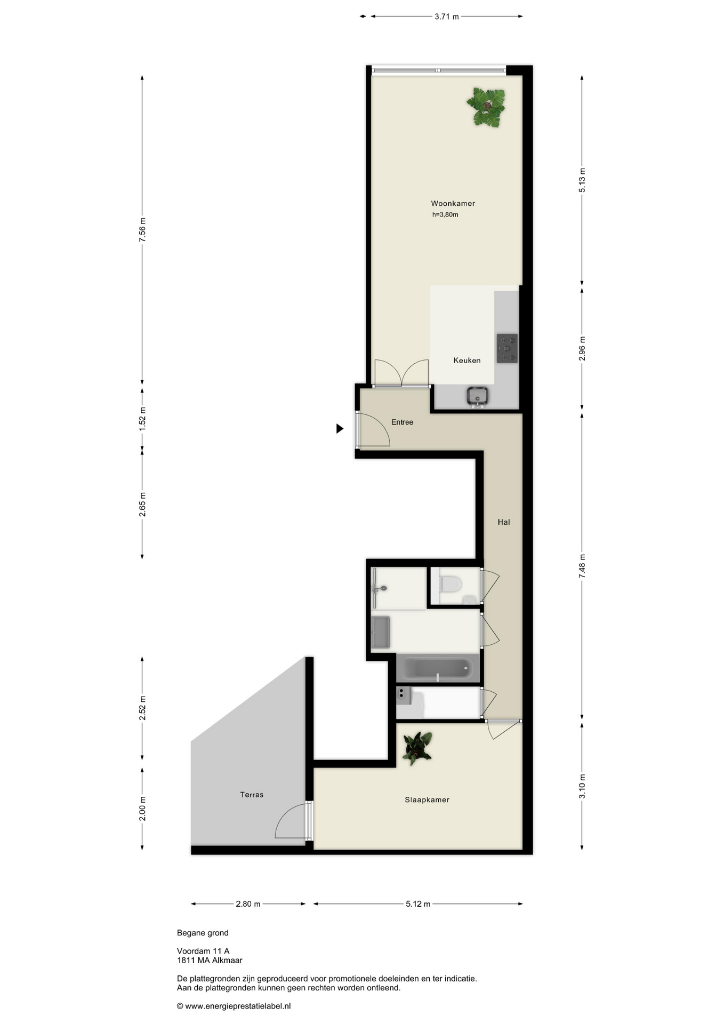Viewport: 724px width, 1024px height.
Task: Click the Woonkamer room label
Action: coord(453,203)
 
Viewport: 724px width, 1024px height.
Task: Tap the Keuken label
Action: coord(467,361)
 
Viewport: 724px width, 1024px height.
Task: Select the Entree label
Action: coord(402,422)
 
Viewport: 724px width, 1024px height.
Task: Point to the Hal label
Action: coord(504,522)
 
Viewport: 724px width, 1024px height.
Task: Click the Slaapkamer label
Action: coord(427,799)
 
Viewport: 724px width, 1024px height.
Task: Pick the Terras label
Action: coord(252,795)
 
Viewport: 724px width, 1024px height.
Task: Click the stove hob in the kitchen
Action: coord(507,348)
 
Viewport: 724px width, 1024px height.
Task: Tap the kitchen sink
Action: coord(478,396)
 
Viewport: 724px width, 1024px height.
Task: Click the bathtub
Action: coord(438,669)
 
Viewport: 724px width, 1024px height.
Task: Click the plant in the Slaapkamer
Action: coord(417,748)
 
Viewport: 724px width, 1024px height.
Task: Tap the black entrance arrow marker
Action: coord(340,428)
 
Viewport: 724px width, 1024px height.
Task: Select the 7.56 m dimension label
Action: coord(142,230)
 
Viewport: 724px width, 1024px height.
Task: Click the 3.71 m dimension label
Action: coord(447,17)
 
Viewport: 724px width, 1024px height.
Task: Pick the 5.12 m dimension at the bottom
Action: coord(418,904)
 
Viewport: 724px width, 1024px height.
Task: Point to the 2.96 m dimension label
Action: coord(582,348)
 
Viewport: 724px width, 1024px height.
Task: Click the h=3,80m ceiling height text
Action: coord(445,215)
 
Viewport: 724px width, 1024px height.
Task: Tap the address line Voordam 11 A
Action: coord(203,951)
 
